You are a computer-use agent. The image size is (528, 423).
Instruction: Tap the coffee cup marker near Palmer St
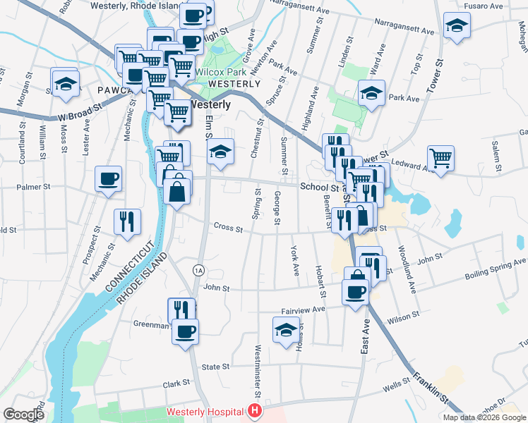tap(109, 178)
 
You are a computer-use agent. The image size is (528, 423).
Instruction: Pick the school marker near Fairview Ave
tap(286, 329)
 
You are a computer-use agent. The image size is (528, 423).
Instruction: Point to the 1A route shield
tap(199, 269)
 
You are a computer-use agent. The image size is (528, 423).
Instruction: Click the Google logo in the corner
tap(23, 414)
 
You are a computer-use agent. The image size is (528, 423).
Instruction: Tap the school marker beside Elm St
tap(220, 152)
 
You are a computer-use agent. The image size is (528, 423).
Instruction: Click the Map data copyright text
tap(484, 417)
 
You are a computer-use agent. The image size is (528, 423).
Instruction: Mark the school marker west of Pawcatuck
tap(65, 82)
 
